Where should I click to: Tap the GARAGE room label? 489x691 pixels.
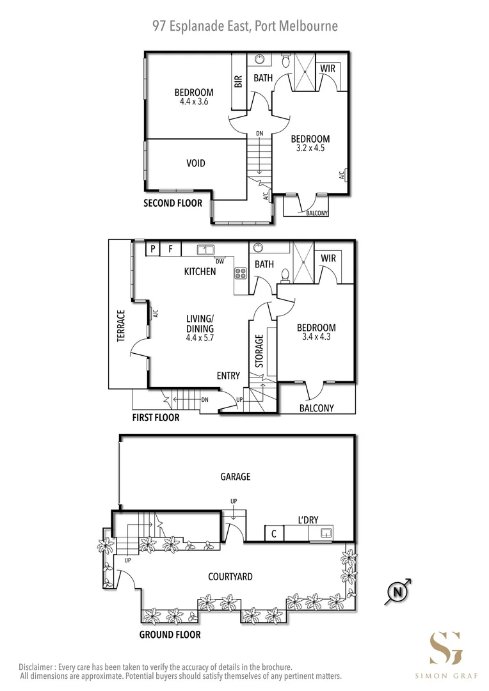(x=236, y=477)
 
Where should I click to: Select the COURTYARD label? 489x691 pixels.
(x=230, y=576)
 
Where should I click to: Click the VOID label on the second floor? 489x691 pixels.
(x=196, y=163)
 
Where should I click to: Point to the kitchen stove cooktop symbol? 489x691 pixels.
(x=241, y=274)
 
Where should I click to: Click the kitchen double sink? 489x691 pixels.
(x=205, y=250)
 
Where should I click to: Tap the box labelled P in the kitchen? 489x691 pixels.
(x=153, y=249)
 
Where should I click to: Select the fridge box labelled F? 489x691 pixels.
(x=170, y=249)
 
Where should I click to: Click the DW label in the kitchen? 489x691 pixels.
(x=220, y=260)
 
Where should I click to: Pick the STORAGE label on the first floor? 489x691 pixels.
(x=259, y=350)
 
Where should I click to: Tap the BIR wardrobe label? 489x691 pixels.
(x=238, y=81)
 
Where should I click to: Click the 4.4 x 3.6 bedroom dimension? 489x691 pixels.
(x=194, y=102)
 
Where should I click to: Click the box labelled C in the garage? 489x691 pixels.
(x=274, y=534)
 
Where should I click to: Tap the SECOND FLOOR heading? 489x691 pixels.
(x=173, y=203)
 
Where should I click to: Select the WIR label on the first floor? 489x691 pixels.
(x=328, y=258)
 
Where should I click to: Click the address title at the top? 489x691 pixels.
(x=245, y=26)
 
